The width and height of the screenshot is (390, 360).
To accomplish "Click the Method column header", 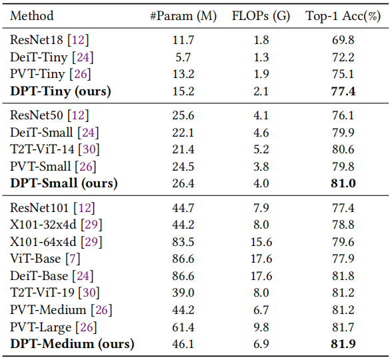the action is [x=32, y=16].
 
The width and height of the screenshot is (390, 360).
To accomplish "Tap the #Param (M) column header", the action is [x=183, y=16].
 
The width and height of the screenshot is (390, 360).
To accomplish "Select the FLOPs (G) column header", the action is [x=261, y=16].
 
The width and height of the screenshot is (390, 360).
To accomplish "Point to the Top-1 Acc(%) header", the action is [x=343, y=16].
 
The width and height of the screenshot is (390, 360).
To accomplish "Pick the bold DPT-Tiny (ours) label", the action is [x=61, y=91].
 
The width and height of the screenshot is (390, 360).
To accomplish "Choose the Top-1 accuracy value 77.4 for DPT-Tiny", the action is [x=343, y=91].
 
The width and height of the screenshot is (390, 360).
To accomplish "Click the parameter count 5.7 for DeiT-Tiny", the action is [x=183, y=57].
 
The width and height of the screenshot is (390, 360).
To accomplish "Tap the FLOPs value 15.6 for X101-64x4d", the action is [x=261, y=241].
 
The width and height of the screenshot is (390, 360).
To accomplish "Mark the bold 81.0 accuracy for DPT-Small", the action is [x=343, y=183].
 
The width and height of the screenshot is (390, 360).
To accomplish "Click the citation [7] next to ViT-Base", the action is [x=73, y=259].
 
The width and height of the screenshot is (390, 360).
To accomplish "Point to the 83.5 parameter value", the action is [x=183, y=241].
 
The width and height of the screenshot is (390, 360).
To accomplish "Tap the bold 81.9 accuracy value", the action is [x=343, y=344].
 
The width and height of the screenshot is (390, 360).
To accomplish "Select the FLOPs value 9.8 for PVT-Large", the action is [x=261, y=327].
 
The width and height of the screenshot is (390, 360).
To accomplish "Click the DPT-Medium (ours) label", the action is [x=72, y=344].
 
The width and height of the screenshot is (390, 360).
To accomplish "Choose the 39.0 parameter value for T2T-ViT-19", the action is [x=183, y=293].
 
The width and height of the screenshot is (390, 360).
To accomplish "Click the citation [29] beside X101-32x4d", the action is [x=91, y=225].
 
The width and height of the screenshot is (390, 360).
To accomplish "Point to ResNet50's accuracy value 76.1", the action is [x=343, y=115].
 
